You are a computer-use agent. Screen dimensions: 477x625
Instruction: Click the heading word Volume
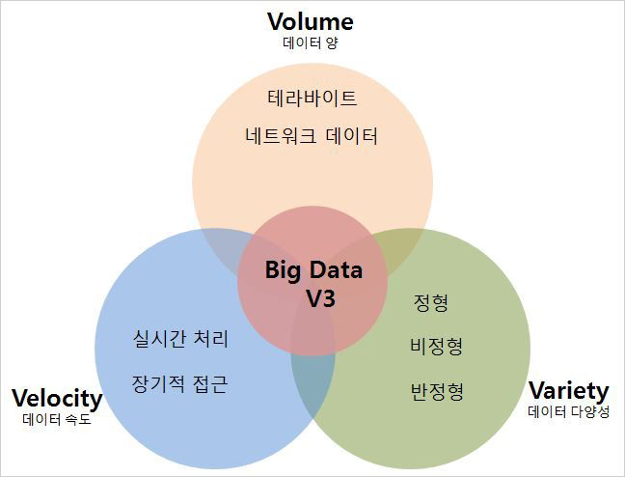(x=311, y=21)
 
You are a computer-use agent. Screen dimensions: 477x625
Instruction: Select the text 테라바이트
(x=312, y=98)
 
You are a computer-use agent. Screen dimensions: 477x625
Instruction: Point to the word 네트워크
(x=280, y=135)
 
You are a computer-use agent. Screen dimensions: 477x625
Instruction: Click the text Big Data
(x=314, y=269)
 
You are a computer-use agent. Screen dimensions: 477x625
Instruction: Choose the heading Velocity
(x=57, y=398)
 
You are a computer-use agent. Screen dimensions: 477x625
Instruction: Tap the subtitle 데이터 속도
(x=57, y=419)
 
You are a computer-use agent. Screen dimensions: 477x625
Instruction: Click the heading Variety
(x=569, y=391)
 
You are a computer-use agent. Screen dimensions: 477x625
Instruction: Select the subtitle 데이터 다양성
(x=569, y=412)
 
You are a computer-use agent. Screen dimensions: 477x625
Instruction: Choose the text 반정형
(x=437, y=391)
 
